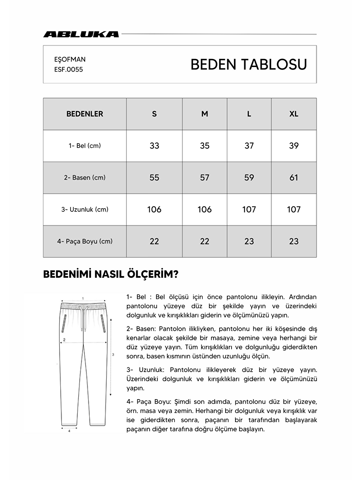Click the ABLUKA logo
(81, 34)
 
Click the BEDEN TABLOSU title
(248, 65)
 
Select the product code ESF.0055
(68, 70)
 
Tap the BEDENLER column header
(85, 114)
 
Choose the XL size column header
(294, 114)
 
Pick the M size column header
(205, 114)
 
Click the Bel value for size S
(154, 146)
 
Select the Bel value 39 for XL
(294, 146)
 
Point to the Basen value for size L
(249, 178)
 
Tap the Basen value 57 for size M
(205, 178)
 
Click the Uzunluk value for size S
(154, 209)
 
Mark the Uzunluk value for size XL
(294, 209)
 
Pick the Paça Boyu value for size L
(249, 241)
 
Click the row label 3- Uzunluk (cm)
(85, 209)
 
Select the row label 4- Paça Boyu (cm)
(85, 241)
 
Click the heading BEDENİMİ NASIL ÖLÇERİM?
(110, 275)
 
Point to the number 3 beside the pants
(113, 354)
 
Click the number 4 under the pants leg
(69, 431)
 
